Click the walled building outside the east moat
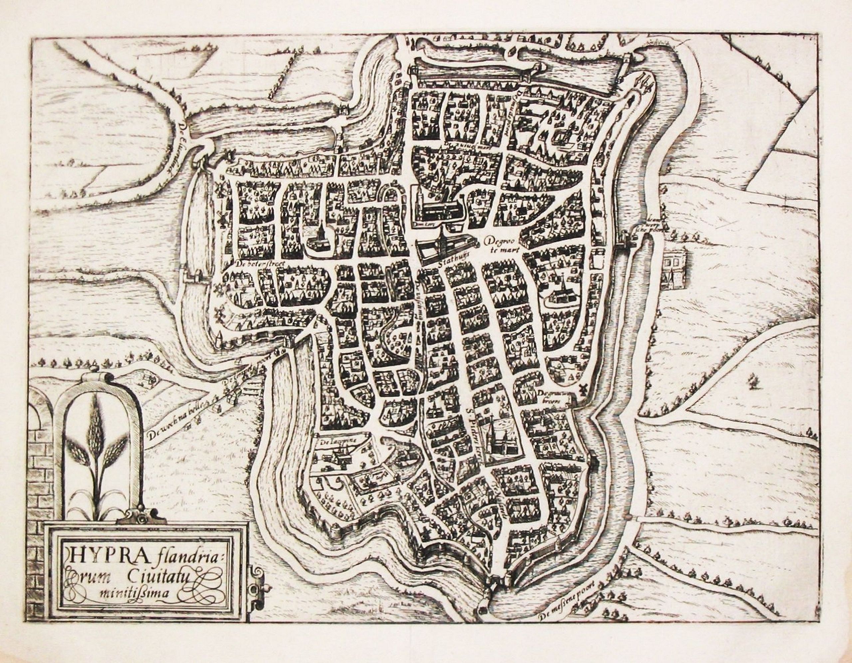tap(674, 269)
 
